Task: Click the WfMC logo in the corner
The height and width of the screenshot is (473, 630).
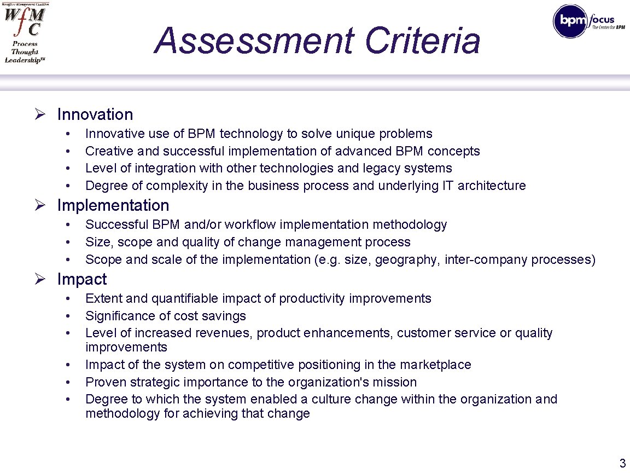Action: [x=25, y=33]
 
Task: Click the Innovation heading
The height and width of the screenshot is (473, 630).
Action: [x=95, y=114]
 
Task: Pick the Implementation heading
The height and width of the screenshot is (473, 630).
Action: [x=113, y=205]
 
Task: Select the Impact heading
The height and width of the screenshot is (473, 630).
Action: [x=82, y=279]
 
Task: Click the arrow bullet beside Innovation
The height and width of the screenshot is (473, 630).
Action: [x=39, y=114]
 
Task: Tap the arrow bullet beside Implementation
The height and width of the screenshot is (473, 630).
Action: [x=39, y=205]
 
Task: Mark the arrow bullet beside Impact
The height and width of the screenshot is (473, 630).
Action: [x=39, y=279]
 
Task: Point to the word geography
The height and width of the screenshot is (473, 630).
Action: [x=408, y=259]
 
